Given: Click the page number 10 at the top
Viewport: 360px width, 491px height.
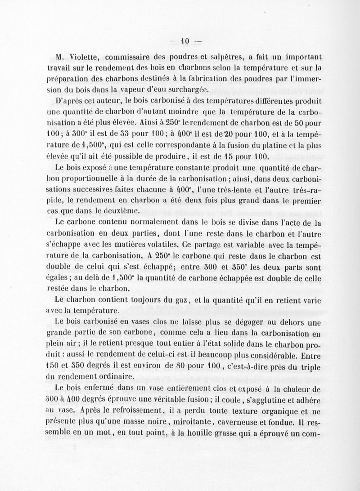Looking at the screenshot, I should click(x=184, y=42).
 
